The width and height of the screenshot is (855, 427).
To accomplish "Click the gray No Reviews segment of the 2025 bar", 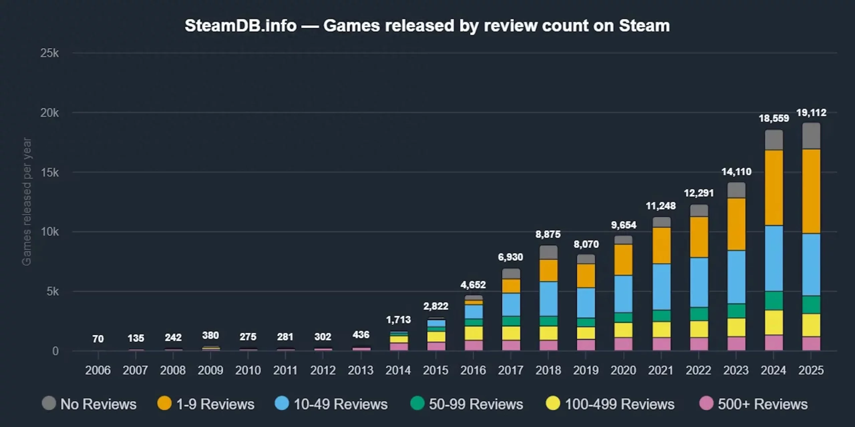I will tap(811, 136).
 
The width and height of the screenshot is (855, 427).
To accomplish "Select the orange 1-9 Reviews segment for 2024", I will tap(774, 188).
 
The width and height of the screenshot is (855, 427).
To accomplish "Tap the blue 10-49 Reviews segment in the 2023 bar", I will tap(736, 277).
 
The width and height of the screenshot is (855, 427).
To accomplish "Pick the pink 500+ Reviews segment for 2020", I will tap(623, 344).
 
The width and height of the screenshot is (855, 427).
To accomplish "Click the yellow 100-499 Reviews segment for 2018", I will tap(548, 333).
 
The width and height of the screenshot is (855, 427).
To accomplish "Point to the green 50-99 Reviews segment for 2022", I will tap(699, 314).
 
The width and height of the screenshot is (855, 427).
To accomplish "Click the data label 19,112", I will tap(811, 113).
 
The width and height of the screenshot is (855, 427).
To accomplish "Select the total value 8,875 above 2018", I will tap(548, 235).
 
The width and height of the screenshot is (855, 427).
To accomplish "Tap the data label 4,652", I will tap(473, 285).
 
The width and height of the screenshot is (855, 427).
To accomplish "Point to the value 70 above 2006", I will tap(98, 339).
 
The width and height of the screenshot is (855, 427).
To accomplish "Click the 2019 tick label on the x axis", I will tap(586, 370).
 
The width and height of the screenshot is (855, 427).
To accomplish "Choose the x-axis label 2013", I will tap(360, 370).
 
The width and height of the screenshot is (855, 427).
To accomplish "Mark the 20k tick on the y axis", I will tap(49, 113).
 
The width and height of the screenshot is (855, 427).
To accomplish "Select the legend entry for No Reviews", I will tap(89, 404).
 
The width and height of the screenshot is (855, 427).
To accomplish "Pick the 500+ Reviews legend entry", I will tap(753, 404).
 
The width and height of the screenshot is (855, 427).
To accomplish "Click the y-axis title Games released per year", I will tap(26, 201).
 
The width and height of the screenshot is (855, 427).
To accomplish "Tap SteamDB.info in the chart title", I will tap(240, 26).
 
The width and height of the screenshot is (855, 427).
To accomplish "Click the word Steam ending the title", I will tap(644, 26).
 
